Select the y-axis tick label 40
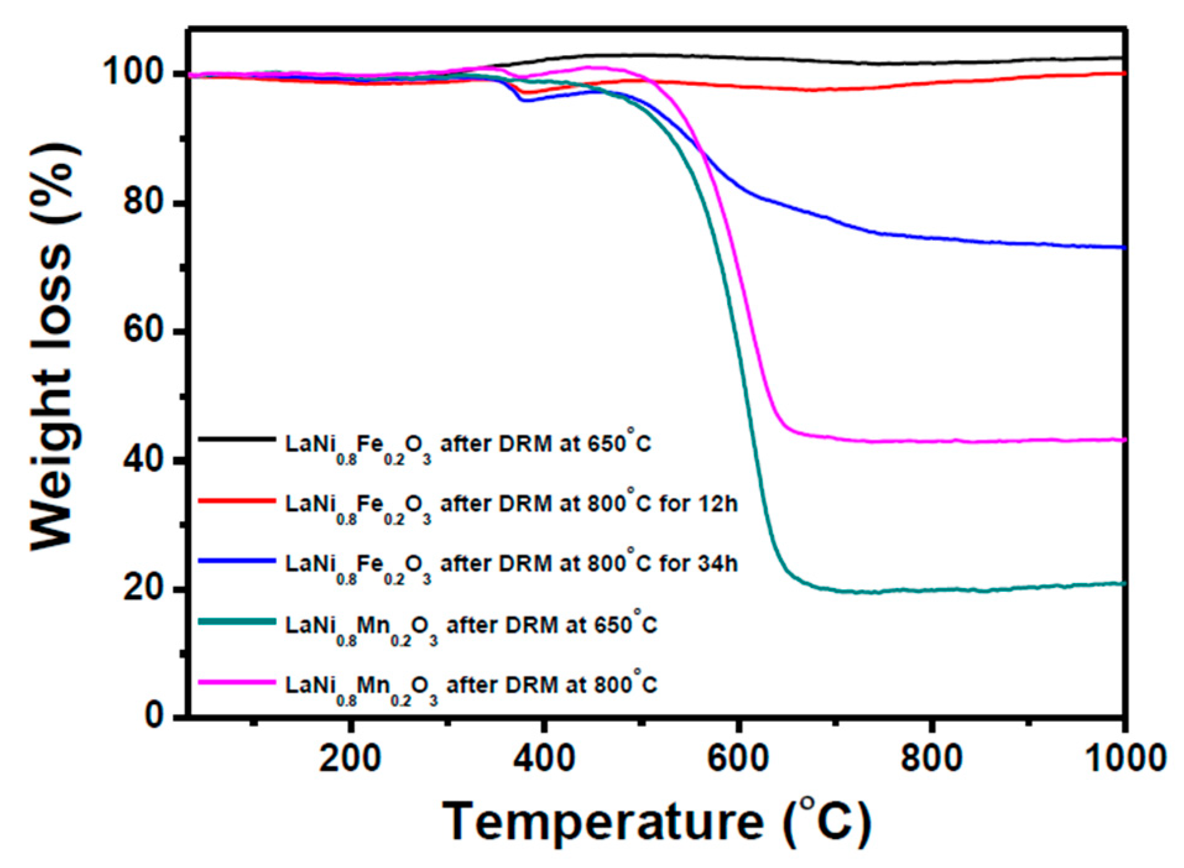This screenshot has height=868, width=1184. [147, 459]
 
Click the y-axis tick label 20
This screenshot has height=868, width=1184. [147, 587]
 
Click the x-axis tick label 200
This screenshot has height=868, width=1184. [350, 758]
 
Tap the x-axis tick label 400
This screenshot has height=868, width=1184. [544, 758]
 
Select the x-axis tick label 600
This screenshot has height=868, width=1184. [737, 758]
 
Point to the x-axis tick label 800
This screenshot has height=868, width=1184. [931, 758]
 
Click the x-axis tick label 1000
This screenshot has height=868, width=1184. [1125, 758]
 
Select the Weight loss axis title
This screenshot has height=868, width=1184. [54, 346]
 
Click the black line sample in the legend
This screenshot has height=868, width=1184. [237, 439]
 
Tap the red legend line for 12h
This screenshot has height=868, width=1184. [237, 500]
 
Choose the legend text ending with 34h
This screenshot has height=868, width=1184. [511, 564]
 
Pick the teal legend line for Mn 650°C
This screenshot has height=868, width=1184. [237, 621]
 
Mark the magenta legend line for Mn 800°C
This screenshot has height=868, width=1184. [237, 682]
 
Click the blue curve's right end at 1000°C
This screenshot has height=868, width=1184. [1122, 247]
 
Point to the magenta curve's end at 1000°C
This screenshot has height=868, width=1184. [1122, 440]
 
